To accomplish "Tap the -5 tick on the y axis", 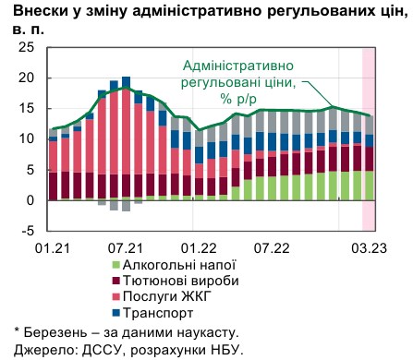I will [30, 231].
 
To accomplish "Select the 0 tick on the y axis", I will [32, 200].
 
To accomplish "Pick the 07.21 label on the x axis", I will [125, 248].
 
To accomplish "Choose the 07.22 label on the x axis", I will [269, 248].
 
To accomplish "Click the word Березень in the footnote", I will [56, 331].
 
